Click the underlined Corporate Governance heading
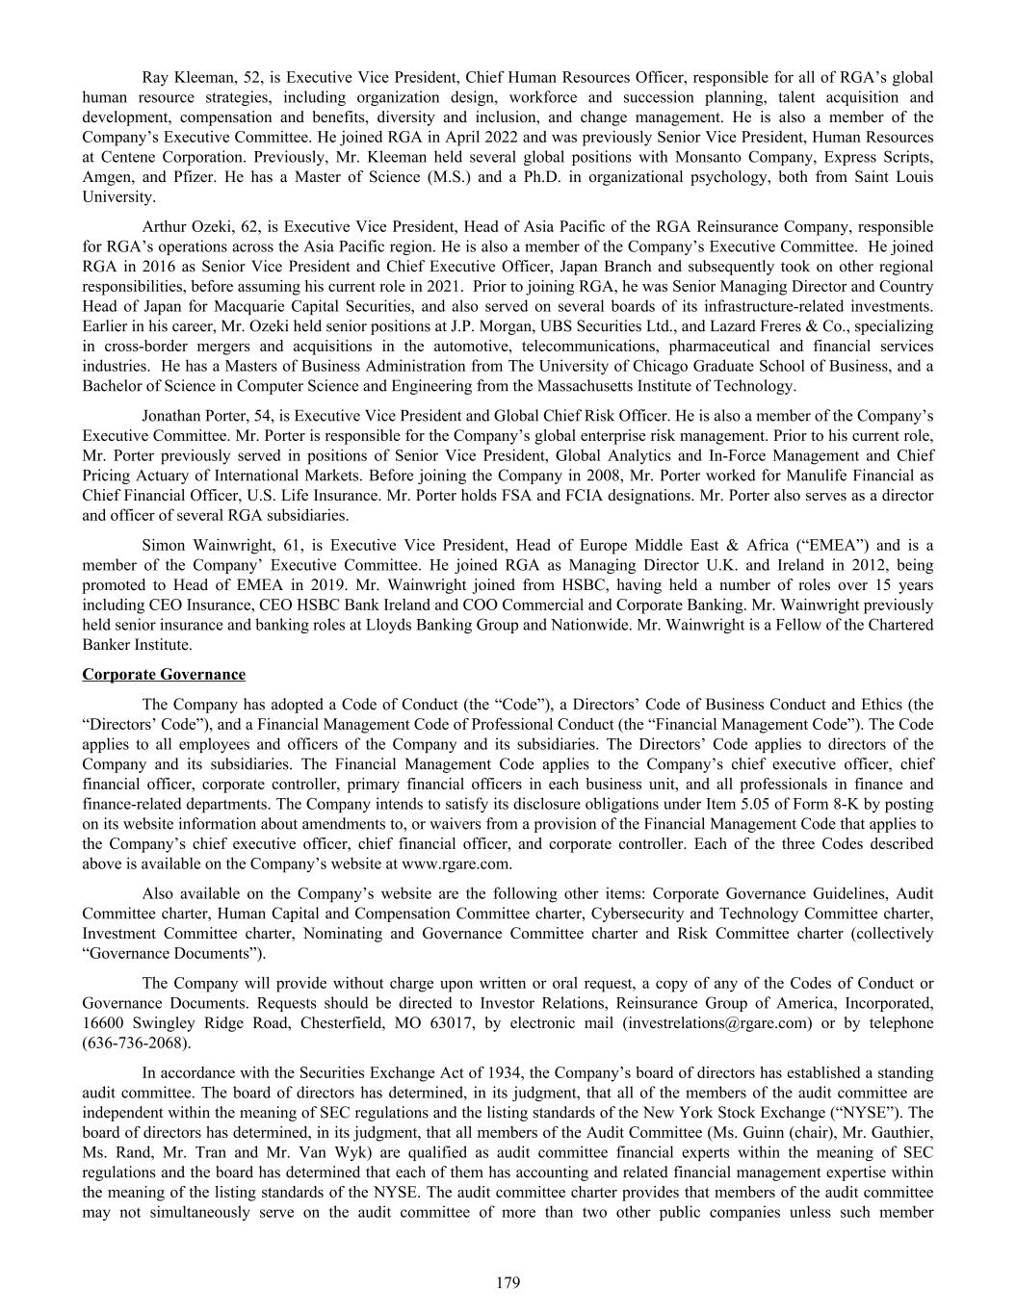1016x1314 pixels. [x=164, y=674]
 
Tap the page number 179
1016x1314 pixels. [x=508, y=1282]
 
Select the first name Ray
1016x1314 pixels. [x=155, y=77]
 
